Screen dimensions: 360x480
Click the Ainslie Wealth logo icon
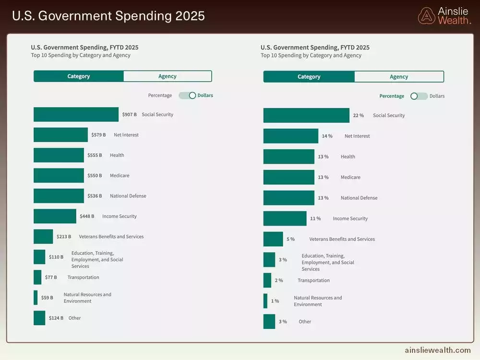click(x=426, y=16)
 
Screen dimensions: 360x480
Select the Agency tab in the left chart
click(x=167, y=76)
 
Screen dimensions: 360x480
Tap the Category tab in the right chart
click(x=309, y=77)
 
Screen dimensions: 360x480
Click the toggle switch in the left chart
click(x=187, y=96)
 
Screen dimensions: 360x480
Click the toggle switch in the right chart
click(x=419, y=96)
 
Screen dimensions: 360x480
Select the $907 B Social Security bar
click(x=76, y=114)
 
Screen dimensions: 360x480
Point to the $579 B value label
click(x=98, y=135)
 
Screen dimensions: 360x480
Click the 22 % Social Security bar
click(x=306, y=115)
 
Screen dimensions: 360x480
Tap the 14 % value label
click(x=327, y=136)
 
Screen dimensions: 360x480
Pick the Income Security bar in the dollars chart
click(x=55, y=216)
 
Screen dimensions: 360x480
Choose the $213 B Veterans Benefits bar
click(x=43, y=237)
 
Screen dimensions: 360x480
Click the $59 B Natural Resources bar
click(x=36, y=298)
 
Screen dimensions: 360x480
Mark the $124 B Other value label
click(x=56, y=318)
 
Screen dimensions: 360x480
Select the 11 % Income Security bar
click(x=285, y=218)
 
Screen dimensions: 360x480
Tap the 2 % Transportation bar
click(x=267, y=280)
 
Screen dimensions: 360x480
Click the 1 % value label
click(x=275, y=301)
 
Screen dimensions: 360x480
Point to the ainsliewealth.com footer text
click(x=437, y=350)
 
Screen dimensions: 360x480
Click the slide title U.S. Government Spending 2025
click(x=108, y=16)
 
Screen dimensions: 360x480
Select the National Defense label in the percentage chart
click(x=359, y=198)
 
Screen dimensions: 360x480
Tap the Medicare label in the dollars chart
click(x=120, y=176)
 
